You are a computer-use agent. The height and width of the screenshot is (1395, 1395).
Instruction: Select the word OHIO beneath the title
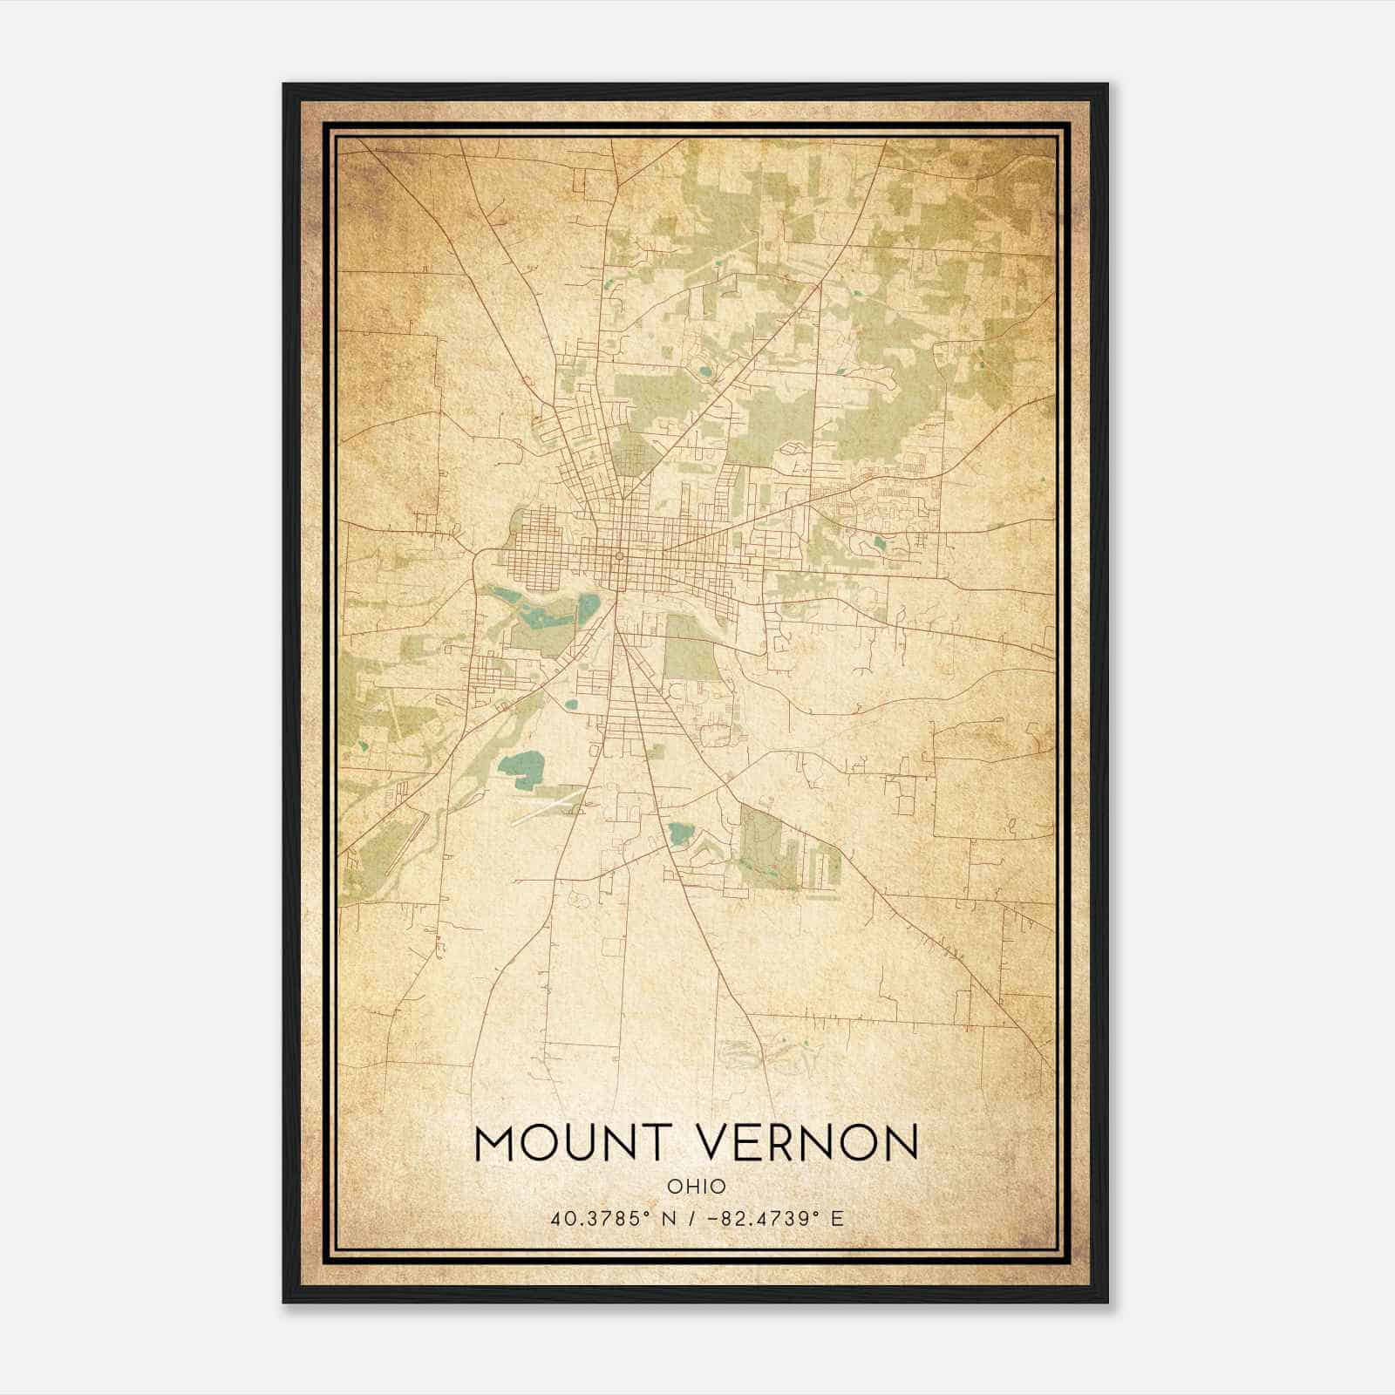tap(697, 1187)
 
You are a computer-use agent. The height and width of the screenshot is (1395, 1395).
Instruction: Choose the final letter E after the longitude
tap(837, 1219)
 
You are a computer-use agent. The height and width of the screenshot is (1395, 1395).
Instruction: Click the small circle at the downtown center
tap(618, 555)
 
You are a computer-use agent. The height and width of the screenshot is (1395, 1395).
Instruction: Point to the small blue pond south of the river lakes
tap(571, 704)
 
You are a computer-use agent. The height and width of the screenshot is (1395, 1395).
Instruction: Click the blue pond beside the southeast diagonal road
tap(677, 833)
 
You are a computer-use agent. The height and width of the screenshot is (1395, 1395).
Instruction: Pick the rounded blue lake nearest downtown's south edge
tap(590, 605)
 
